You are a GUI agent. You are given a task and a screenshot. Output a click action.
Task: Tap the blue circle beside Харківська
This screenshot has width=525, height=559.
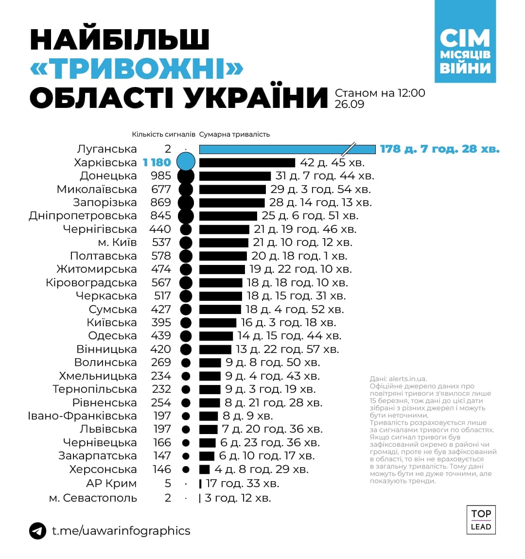pos(186,162)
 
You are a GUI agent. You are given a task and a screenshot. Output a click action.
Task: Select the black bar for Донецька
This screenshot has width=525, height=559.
pos(235,176)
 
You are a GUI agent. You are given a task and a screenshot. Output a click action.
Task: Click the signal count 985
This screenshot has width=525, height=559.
pos(161,176)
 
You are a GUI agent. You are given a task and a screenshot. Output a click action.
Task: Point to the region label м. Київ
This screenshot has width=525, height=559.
pos(117,243)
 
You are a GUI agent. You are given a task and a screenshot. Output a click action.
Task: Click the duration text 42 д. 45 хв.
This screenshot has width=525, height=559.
pos(332,162)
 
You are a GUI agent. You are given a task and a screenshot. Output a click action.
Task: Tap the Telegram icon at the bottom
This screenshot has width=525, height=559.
pos(38,530)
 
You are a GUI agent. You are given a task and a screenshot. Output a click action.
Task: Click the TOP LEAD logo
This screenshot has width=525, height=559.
pos(481,520)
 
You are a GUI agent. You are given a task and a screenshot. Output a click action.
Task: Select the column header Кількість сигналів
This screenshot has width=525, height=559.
pos(163,135)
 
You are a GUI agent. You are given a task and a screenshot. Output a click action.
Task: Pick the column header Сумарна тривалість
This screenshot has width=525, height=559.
pos(234,135)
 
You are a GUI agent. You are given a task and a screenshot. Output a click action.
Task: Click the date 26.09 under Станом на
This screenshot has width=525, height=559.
pos(349,104)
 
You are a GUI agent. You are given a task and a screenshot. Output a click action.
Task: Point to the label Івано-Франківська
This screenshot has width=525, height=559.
pos(82,416)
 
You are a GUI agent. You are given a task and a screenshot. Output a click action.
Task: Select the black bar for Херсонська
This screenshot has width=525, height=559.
pos(204,470)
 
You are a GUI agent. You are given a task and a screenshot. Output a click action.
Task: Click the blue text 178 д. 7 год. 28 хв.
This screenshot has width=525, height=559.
pos(439,149)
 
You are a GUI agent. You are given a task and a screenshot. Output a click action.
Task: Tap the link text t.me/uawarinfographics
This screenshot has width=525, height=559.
pos(121,530)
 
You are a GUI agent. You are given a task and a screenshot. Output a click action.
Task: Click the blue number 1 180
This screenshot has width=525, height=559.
pos(157,162)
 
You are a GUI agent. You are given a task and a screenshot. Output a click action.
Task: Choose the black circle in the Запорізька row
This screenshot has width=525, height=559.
pos(186,203)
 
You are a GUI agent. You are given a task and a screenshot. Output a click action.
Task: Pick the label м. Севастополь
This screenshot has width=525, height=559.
pos(93,498)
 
